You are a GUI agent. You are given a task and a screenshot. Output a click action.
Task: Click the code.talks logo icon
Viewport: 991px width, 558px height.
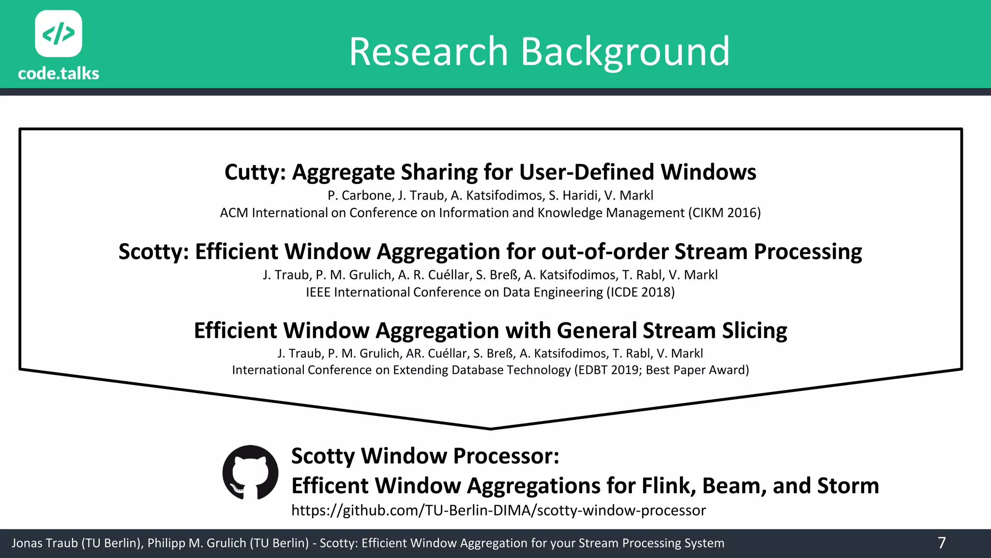[x=59, y=33]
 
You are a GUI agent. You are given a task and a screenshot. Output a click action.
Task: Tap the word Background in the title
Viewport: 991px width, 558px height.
[x=625, y=52]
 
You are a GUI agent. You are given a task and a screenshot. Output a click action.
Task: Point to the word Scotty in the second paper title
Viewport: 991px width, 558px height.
[x=153, y=252]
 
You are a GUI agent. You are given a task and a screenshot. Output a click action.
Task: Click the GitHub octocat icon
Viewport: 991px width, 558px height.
[x=250, y=472]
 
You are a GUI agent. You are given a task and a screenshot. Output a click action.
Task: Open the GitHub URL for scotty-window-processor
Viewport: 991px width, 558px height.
[x=498, y=511]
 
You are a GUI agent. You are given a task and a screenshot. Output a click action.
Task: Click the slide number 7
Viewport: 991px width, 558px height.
[x=941, y=543]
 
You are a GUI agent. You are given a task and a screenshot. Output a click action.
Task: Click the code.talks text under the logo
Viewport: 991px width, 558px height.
[x=59, y=74]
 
